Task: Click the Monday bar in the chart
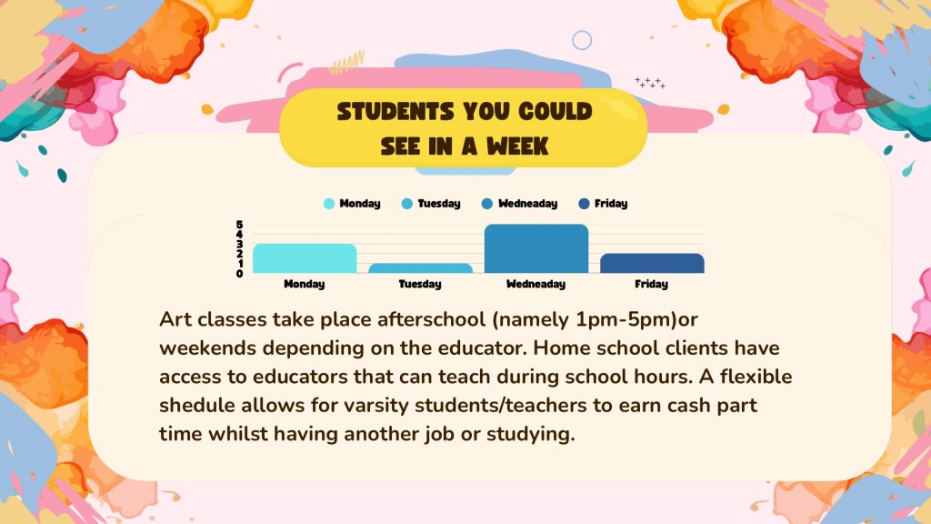tap(305, 258)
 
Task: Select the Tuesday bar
tap(420, 268)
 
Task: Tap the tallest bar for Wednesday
tap(536, 249)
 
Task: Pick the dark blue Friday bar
tap(652, 263)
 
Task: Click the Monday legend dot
tap(329, 204)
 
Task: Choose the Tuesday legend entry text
tap(439, 204)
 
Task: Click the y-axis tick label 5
tap(239, 225)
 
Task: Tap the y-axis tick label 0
tap(239, 273)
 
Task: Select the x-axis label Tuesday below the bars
tap(420, 284)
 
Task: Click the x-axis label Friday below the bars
tap(651, 284)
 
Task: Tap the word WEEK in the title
tap(517, 146)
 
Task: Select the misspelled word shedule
tap(197, 405)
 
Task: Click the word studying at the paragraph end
tap(531, 434)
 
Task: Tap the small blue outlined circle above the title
tap(582, 40)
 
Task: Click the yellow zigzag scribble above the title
tap(346, 63)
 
